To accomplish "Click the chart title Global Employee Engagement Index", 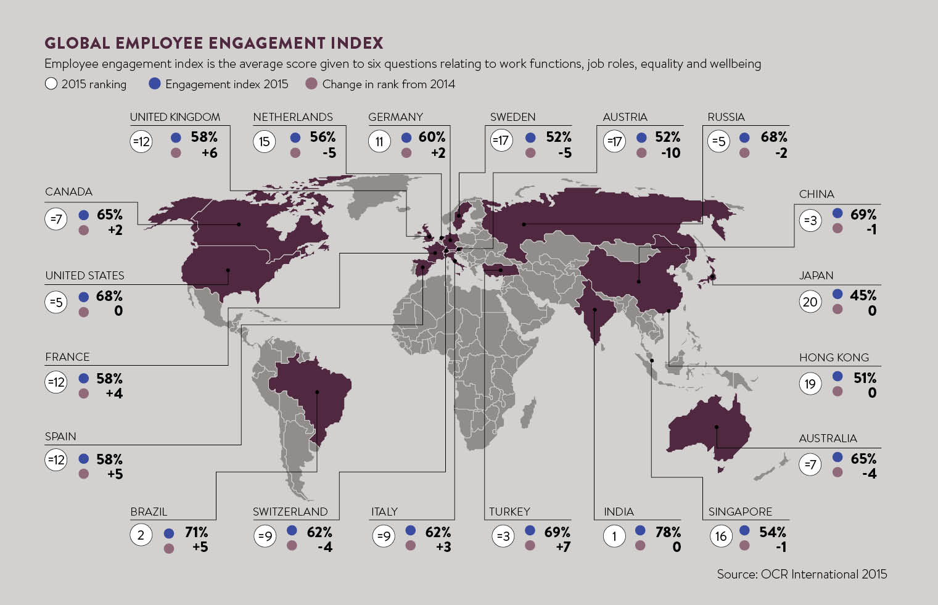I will (213, 43).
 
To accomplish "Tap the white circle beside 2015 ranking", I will (51, 83).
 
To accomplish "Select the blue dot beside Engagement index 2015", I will (155, 83).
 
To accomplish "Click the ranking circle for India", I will (614, 536).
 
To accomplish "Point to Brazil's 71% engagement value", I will (196, 532).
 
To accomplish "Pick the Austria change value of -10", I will (670, 153).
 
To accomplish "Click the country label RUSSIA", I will (726, 117).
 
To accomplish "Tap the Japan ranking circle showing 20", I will (810, 302).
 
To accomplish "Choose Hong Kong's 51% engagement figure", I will (865, 377).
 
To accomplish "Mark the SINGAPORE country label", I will (740, 512).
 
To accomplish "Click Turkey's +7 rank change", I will (562, 547).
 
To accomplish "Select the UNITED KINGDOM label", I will (175, 117).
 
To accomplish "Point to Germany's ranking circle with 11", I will (379, 142).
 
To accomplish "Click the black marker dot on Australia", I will (717, 427).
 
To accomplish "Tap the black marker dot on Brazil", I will (317, 392).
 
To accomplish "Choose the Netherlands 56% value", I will (323, 137).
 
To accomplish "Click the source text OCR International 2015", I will (802, 574).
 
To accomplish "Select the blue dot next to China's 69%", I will (837, 213).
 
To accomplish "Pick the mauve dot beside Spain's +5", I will (84, 474).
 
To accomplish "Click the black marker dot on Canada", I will (239, 224).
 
